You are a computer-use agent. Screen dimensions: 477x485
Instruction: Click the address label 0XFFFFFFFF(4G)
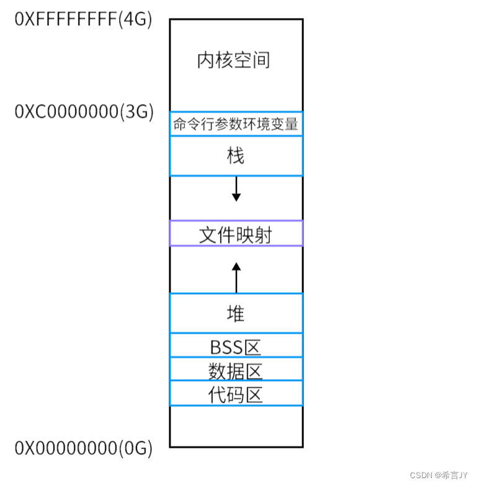[x=83, y=19]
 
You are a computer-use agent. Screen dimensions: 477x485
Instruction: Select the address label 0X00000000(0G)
[x=83, y=448]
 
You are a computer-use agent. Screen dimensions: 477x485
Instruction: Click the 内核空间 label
[x=234, y=61]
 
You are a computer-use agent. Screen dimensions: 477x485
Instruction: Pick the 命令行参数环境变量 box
[x=236, y=124]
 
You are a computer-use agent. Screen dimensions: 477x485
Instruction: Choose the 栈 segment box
[x=236, y=156]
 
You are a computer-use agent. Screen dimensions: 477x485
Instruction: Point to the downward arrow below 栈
[x=236, y=189]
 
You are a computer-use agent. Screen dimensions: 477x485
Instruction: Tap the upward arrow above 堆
[x=236, y=277]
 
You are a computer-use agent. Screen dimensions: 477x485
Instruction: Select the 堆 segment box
[x=236, y=313]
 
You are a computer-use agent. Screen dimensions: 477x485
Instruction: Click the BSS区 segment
[x=236, y=345]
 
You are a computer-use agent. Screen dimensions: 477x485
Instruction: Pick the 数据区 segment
[x=236, y=370]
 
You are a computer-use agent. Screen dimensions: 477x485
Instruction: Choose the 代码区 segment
[x=236, y=394]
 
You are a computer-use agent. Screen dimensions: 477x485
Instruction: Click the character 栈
[x=236, y=156]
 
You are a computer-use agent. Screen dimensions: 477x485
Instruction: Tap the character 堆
[x=236, y=314]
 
